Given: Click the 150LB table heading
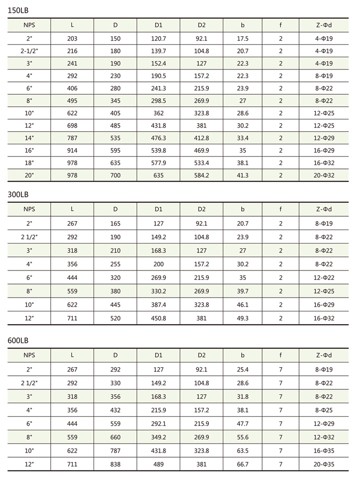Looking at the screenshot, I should point(18,10).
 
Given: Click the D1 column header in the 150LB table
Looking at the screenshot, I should point(158,25).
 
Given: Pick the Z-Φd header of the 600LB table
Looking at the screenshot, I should point(324,355).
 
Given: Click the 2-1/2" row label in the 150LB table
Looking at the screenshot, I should point(29,51).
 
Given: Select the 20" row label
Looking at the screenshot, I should point(29,176).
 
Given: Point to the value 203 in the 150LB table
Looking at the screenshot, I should point(72,39).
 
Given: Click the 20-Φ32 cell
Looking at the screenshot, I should point(324,176).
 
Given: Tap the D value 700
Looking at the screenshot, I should point(115,176).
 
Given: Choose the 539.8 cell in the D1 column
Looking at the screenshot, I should point(158,151).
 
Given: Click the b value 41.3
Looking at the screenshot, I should point(242,176).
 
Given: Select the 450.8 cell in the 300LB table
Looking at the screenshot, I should point(158,318).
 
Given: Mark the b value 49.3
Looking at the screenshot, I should point(242,318).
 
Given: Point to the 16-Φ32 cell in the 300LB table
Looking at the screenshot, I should point(324,318).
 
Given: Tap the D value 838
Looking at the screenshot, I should point(115,465).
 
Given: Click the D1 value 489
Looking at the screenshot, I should point(158,465).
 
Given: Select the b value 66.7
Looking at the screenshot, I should point(242,465).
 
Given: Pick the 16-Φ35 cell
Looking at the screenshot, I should point(324,451).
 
